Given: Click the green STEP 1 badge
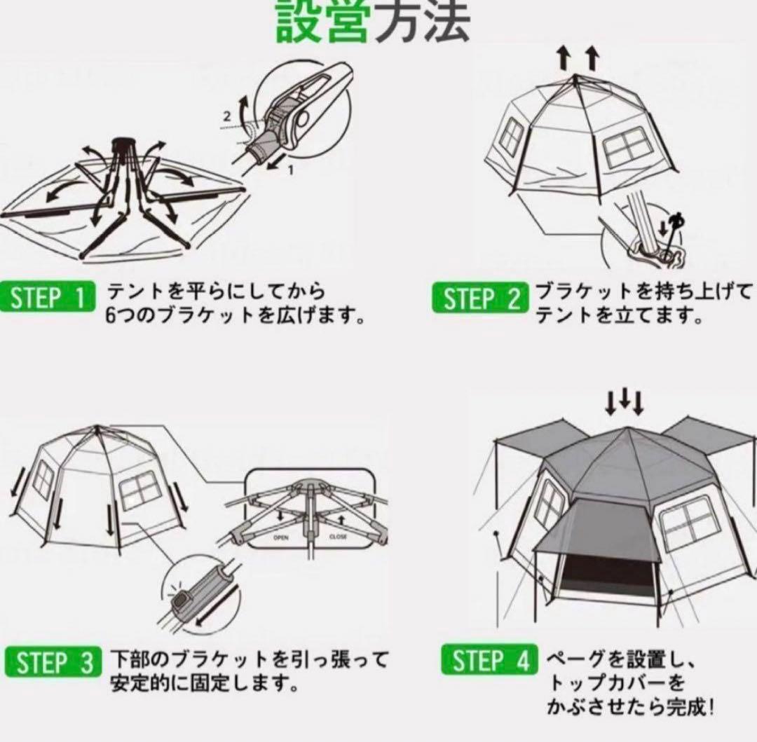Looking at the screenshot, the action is coord(48,296).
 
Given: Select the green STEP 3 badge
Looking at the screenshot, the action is coord(53,661).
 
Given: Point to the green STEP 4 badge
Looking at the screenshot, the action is coord(489,659).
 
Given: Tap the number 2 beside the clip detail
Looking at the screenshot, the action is coord(227,116).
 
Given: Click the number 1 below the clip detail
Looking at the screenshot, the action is coord(291,170).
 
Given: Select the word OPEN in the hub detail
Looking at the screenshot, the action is coord(280,537).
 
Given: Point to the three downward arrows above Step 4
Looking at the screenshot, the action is coord(625,402).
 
